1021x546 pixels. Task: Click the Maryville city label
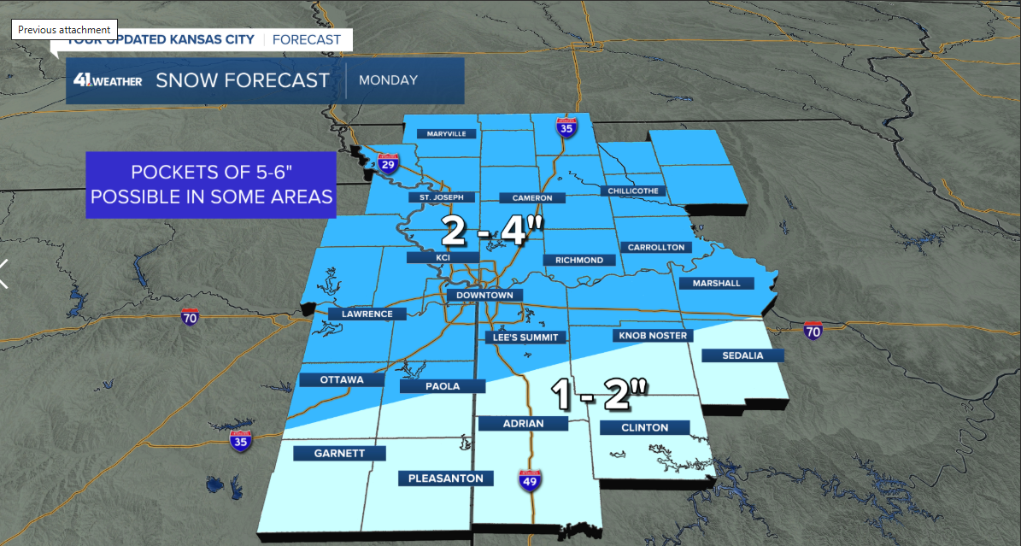tap(446, 134)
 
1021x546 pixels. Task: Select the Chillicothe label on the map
tap(633, 191)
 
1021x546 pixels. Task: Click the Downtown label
tap(484, 295)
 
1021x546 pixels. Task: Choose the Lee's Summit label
tap(525, 337)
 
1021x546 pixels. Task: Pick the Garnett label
tap(339, 453)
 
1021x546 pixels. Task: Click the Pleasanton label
tap(446, 478)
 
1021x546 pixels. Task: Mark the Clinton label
tap(645, 427)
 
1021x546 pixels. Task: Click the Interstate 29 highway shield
tap(389, 163)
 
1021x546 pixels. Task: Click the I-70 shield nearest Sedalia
tap(816, 331)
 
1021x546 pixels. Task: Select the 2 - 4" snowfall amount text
tap(492, 231)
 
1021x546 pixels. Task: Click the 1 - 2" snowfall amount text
tap(600, 395)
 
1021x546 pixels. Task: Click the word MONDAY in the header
tap(388, 80)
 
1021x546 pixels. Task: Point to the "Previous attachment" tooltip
tap(64, 29)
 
